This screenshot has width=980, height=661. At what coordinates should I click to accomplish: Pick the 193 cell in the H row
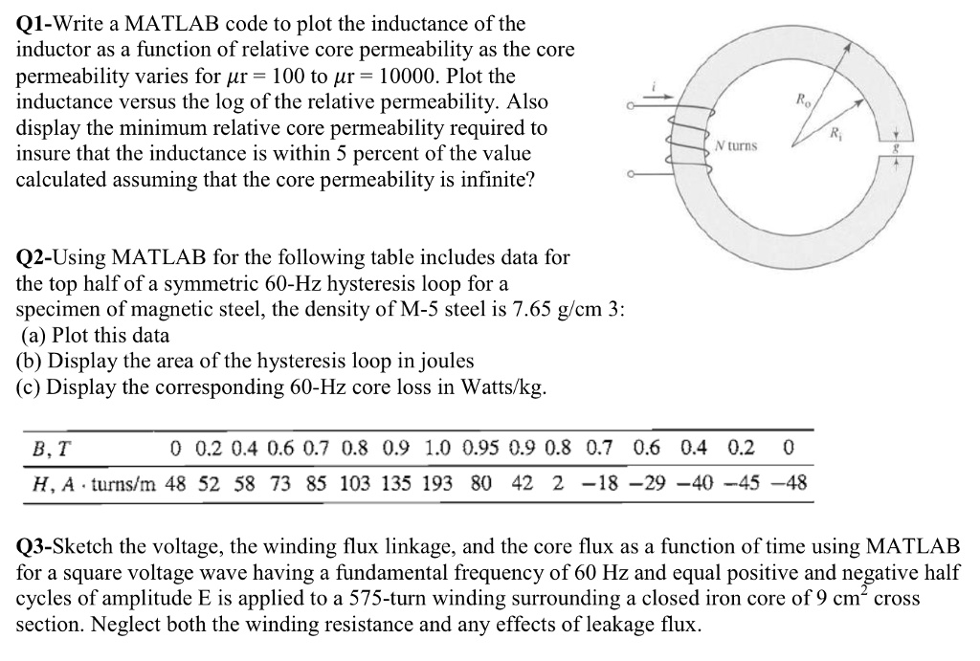[x=437, y=484]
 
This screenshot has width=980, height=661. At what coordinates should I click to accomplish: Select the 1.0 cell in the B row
[x=435, y=449]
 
